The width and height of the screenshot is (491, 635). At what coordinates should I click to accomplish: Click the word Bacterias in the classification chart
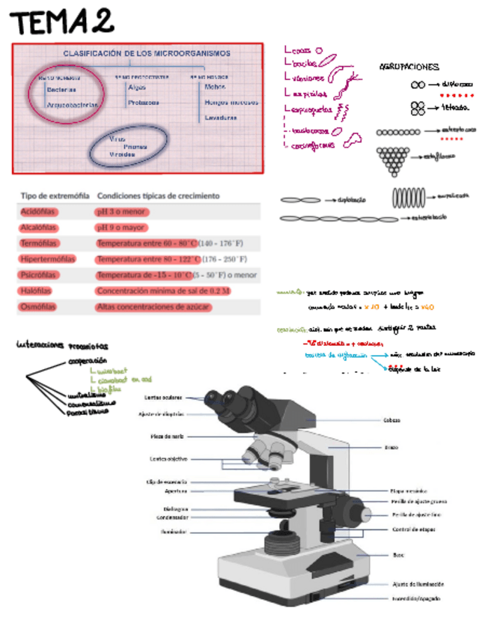[x=61, y=89]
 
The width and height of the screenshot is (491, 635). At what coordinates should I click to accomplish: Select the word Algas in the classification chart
[x=138, y=87]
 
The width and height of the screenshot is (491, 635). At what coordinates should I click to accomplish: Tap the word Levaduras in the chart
[x=220, y=118]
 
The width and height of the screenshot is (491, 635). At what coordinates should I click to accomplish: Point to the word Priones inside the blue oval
[x=135, y=147]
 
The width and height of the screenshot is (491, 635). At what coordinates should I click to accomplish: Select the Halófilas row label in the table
[x=38, y=291]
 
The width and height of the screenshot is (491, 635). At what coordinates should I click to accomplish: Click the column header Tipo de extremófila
[x=52, y=195]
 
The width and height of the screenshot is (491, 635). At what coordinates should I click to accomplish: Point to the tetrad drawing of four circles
[x=418, y=109]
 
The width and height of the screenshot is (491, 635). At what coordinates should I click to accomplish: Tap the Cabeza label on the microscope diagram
[x=391, y=420]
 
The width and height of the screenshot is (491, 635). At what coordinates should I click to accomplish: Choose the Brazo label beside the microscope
[x=391, y=448]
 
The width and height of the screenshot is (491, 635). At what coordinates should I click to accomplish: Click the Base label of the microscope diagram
[x=398, y=555]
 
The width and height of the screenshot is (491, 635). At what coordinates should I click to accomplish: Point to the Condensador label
[x=172, y=517]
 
